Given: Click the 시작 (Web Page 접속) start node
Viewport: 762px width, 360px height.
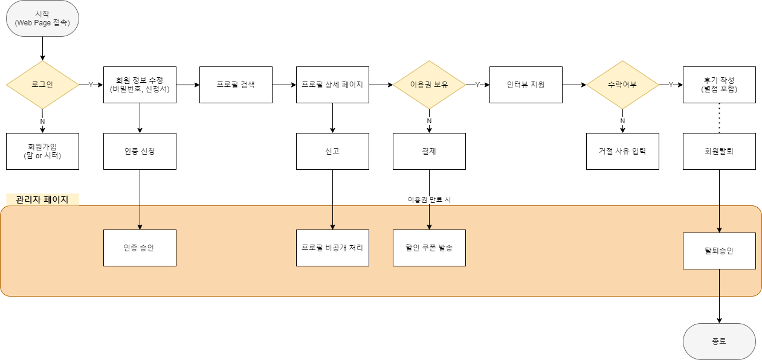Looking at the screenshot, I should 42,18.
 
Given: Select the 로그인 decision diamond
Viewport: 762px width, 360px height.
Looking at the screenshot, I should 42,85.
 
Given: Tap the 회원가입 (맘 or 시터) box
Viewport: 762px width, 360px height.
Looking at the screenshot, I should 42,151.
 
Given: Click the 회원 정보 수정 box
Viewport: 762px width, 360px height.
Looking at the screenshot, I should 140,85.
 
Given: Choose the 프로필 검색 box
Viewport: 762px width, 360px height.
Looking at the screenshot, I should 236,85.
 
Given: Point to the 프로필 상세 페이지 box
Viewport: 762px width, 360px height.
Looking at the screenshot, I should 332,85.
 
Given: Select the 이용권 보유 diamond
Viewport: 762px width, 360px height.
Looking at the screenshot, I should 429,85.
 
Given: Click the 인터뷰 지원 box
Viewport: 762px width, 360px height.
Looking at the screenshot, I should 526,85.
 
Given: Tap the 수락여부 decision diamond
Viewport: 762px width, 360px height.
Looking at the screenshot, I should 622,85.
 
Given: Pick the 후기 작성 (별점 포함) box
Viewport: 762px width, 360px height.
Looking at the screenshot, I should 719,85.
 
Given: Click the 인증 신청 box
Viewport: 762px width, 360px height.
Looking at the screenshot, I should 140,151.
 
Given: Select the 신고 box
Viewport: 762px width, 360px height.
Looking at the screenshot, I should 332,151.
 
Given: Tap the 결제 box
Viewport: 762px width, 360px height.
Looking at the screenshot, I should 429,151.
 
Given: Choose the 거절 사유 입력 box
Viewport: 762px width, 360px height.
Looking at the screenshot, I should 622,151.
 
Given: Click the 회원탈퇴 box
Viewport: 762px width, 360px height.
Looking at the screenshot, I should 719,151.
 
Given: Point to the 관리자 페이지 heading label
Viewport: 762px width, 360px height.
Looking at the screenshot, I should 42,199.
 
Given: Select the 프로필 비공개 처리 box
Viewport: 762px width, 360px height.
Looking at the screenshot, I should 332,248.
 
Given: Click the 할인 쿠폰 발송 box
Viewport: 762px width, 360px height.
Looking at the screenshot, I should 429,248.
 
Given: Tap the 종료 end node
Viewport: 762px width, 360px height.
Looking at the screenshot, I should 719,341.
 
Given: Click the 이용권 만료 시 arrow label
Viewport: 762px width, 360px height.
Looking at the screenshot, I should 429,199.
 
